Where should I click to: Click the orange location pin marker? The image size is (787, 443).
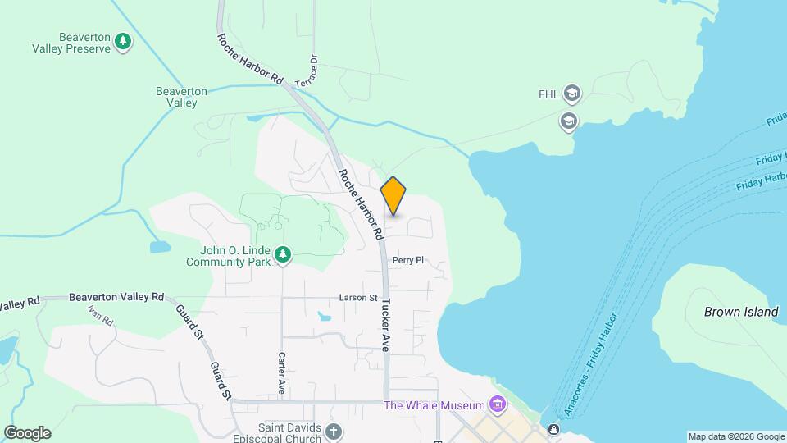393,196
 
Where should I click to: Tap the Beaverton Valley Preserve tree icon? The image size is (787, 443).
123,41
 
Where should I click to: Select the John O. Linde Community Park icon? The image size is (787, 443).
283,255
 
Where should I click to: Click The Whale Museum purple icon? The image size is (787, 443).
496,404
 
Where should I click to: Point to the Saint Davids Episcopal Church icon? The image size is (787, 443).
334,431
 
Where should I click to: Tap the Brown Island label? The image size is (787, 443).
740,312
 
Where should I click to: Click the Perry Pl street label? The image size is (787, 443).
407,260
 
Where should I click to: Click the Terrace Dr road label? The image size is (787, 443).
312,71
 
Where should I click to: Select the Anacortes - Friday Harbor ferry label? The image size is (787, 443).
589,358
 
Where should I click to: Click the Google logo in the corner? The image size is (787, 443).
27,433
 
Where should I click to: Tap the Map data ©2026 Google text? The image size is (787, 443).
736,436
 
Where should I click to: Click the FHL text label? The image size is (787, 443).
548,94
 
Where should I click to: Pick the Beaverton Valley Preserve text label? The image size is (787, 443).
71,43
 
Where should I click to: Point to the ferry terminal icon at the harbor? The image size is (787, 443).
555,429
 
